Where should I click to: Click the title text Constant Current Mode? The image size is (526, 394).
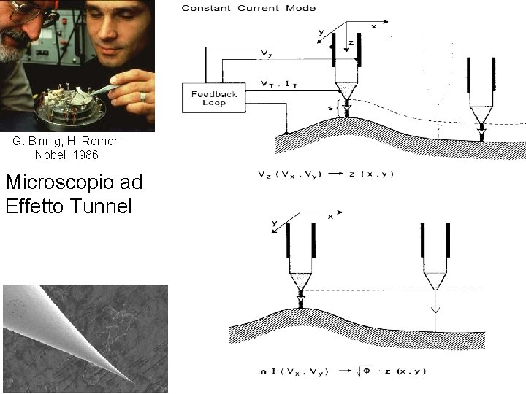coord(248,8)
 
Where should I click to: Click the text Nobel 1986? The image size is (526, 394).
coord(66,155)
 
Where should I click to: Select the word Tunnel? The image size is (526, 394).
coord(102,206)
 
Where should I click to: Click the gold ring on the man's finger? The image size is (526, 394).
coord(143,96)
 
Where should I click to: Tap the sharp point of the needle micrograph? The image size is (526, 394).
coord(132,380)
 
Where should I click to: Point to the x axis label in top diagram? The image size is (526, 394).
coord(374,26)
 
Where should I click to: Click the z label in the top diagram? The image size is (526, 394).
coord(351,43)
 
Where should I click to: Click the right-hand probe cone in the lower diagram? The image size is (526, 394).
coord(435,281)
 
